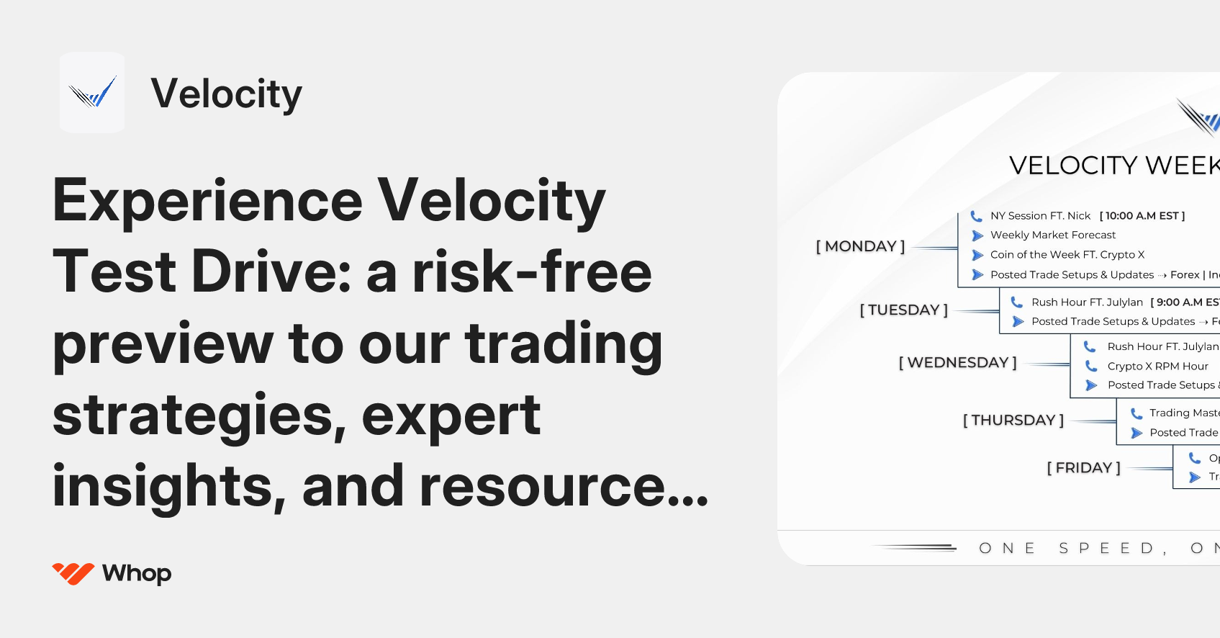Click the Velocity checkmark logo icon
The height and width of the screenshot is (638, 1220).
point(92,92)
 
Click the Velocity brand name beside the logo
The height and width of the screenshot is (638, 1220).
point(226,94)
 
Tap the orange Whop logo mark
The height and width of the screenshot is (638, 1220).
point(73,573)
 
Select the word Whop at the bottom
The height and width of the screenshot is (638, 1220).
point(137,573)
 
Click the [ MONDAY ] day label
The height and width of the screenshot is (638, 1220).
point(860,246)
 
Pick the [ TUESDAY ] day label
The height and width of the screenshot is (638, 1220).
point(903,310)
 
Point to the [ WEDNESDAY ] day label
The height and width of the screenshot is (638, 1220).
point(957,362)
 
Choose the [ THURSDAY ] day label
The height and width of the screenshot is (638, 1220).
point(1013,420)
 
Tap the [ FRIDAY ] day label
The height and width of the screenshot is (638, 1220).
point(1083,467)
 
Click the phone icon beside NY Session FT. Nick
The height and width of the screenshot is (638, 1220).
point(976,216)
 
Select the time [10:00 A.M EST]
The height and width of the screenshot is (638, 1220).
point(1142,215)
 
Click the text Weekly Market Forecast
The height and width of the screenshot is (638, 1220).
point(1052,235)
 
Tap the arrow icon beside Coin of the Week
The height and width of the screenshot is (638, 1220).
point(977,255)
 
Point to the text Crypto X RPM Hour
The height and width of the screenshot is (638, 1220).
point(1157,366)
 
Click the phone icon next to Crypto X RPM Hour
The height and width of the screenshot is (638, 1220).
point(1091,366)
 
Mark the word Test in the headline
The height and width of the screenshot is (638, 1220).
point(114,272)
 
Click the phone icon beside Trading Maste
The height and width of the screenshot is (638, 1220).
point(1137,413)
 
